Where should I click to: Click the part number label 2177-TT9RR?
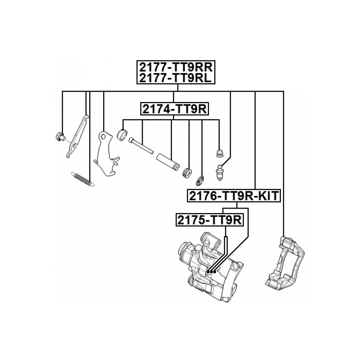[176, 66]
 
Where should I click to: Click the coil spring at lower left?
[82, 179]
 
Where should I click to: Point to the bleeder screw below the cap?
[219, 171]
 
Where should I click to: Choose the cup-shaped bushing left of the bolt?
[123, 135]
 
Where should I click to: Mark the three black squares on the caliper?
[211, 272]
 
